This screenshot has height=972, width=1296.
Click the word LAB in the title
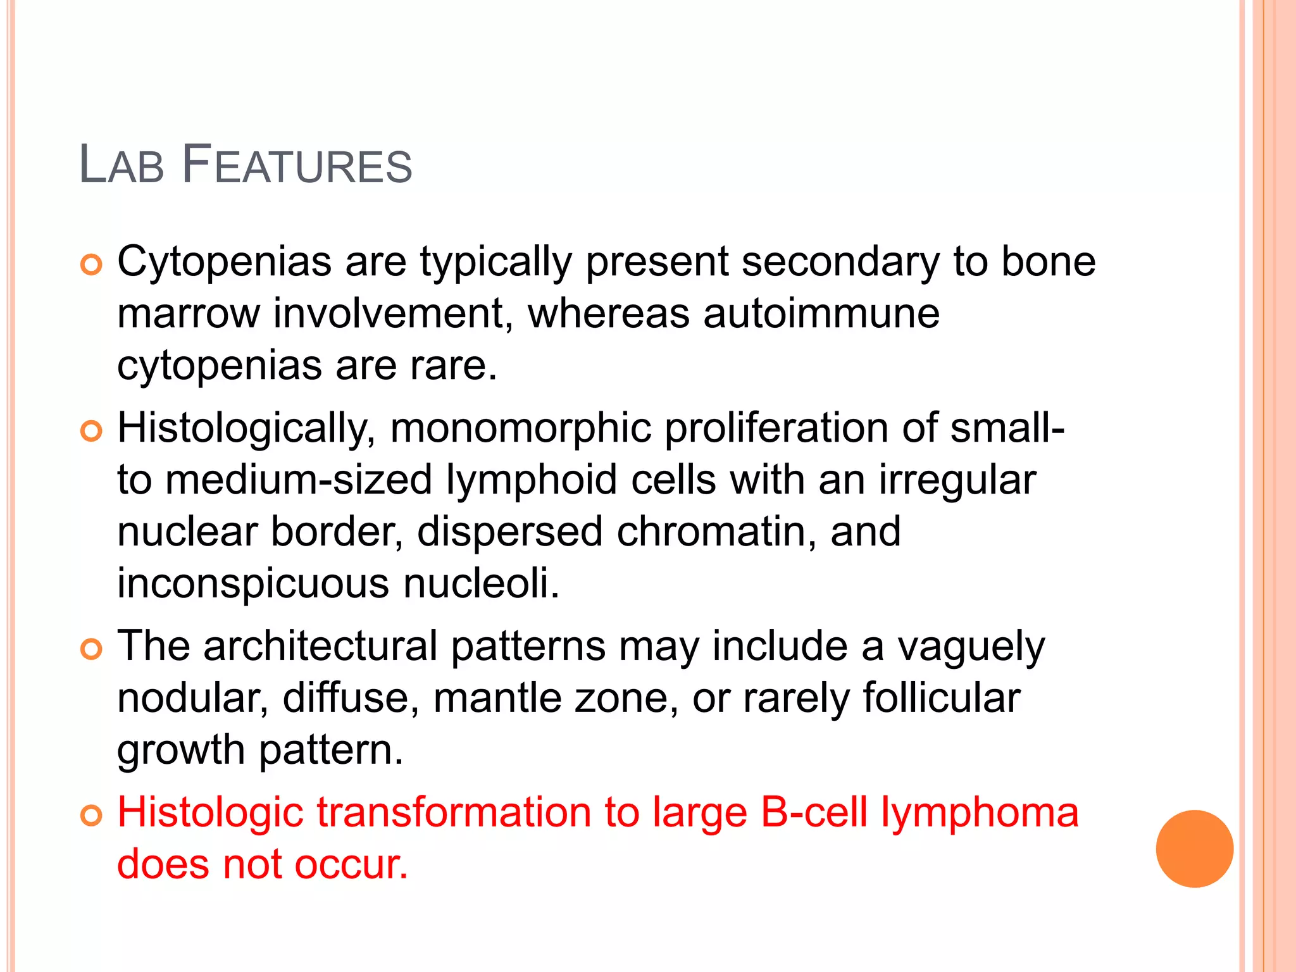[x=121, y=166]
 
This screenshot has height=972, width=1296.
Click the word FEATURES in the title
[x=297, y=166]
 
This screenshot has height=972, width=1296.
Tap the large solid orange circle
[x=1194, y=849]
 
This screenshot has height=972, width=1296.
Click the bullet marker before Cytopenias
[x=91, y=265]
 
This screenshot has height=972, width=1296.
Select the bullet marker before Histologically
[x=91, y=432]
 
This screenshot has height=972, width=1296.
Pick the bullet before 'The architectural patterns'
[x=91, y=650]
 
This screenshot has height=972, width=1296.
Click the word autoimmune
[x=821, y=313]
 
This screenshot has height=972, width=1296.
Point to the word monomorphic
[x=520, y=428]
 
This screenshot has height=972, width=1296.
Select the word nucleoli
[x=481, y=583]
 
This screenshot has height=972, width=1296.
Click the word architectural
[x=320, y=646]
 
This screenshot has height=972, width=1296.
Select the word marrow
[x=188, y=313]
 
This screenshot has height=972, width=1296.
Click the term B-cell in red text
[x=813, y=813]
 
